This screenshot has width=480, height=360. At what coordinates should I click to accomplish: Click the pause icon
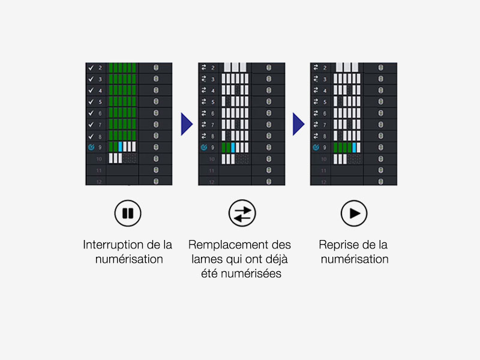coord(127,213)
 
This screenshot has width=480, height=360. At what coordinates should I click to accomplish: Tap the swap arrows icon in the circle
coord(242,213)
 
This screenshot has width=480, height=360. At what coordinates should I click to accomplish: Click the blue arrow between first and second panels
coord(186,124)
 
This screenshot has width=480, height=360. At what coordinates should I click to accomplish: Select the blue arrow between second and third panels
coord(298,124)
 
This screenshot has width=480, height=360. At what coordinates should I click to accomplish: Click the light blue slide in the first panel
coord(120,147)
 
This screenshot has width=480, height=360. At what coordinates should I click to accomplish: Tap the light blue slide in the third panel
coord(355,147)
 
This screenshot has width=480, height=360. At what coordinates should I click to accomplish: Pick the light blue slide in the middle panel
coord(233,147)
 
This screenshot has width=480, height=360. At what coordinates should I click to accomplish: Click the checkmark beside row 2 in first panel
coord(91,68)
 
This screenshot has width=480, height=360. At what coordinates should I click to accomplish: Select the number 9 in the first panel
coord(100,148)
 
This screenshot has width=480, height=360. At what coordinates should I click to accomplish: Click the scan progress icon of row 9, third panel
coord(316,147)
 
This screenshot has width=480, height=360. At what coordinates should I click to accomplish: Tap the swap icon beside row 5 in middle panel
coord(203,102)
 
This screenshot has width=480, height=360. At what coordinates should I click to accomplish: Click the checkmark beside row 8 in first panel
coord(91,136)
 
